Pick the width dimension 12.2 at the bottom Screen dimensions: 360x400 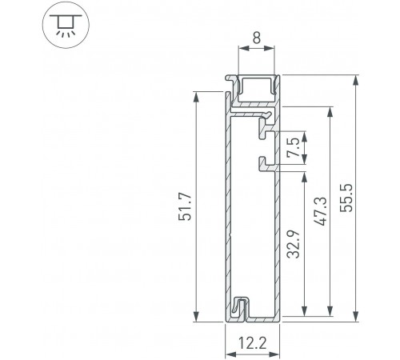(x=253, y=345)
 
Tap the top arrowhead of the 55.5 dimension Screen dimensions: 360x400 (x=355, y=80)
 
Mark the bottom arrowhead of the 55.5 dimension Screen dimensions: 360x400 (x=355, y=318)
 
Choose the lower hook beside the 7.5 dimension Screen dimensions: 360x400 (x=264, y=166)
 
